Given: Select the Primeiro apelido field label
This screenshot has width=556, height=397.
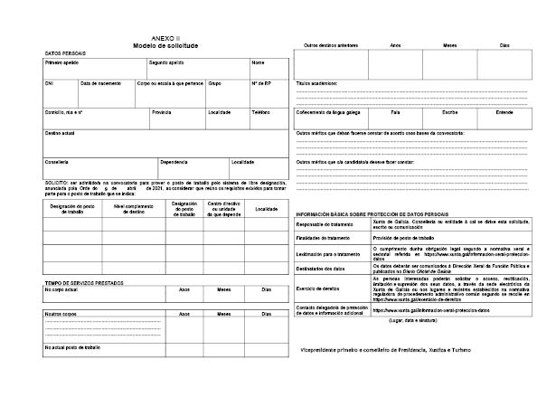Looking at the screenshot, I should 61,63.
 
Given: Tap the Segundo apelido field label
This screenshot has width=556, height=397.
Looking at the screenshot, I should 166,63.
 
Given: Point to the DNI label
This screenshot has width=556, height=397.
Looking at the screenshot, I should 50,82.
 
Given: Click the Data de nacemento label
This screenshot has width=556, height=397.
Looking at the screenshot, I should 100,82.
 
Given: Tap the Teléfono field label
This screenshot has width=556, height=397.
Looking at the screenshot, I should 261,112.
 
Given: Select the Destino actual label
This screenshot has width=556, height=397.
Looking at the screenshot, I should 61,133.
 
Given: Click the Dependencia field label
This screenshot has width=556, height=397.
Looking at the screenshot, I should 174,162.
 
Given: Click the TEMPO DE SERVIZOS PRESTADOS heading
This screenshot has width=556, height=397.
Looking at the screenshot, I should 86,283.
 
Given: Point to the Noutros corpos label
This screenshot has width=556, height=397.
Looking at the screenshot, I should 59,314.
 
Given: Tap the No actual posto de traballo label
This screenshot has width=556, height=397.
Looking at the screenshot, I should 72,347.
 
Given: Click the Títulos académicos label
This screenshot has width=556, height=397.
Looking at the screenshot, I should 316,82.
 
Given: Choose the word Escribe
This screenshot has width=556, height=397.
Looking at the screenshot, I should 448,112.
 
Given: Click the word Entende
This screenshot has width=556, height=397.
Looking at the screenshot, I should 504,112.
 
